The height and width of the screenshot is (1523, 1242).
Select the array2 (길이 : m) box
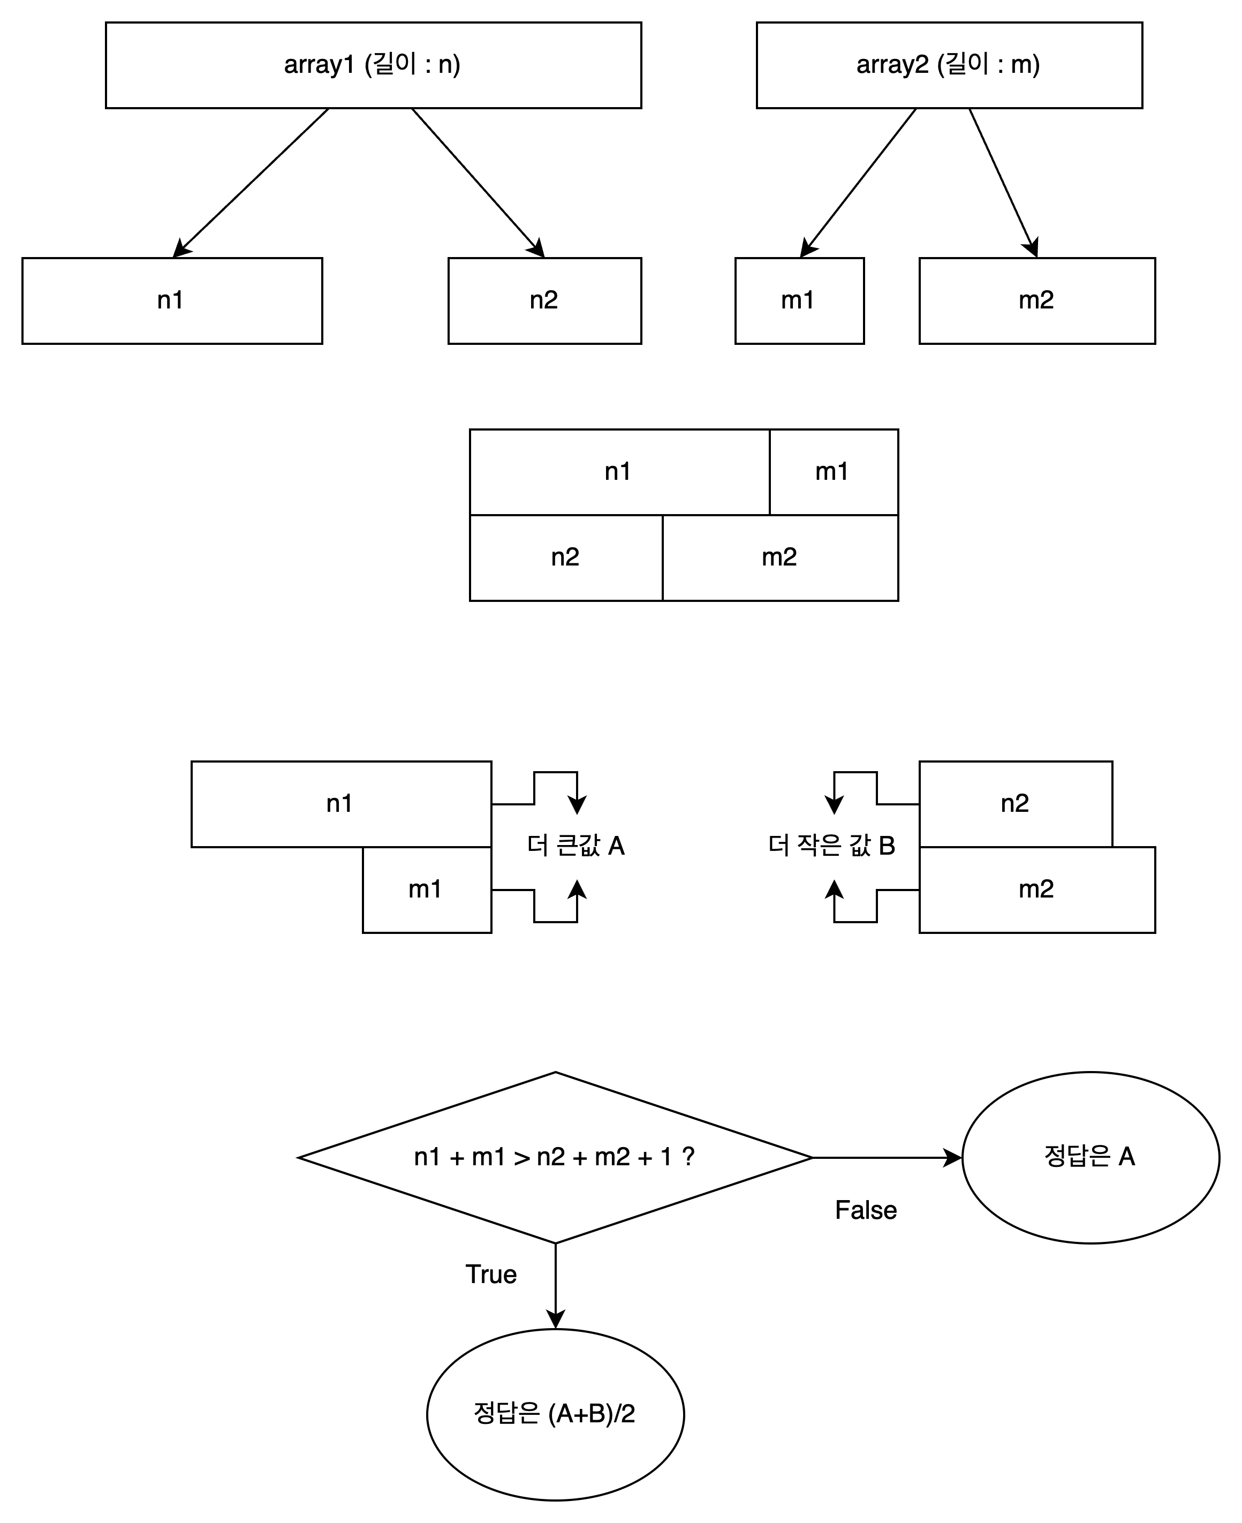pos(949,65)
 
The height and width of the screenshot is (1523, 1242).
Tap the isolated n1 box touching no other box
pos(172,300)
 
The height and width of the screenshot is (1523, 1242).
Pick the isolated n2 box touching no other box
pos(544,300)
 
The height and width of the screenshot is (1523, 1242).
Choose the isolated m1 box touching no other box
pos(799,300)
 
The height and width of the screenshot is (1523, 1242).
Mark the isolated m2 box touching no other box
pos(1036,300)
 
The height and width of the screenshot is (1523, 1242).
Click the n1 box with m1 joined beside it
pos(619,472)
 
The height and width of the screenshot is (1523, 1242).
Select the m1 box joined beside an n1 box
pos(833,472)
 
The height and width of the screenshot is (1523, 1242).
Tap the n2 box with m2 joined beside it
pos(566,557)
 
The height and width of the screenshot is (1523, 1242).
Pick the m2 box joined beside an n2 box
pos(780,557)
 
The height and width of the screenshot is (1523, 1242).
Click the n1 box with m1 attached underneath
pos(340,804)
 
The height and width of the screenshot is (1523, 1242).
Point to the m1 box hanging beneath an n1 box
pos(426,889)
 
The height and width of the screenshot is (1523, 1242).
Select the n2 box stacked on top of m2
pos(1015,804)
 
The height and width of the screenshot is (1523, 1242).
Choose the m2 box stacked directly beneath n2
pos(1036,889)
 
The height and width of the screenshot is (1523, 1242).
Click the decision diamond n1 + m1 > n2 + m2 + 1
pos(555,1158)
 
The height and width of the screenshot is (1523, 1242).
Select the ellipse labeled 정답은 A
pos(1090,1157)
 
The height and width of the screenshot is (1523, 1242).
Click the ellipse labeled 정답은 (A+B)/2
pos(555,1414)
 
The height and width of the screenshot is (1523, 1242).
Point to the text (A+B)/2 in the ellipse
pos(592,1414)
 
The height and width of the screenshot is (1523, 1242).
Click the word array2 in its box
pos(892,65)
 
